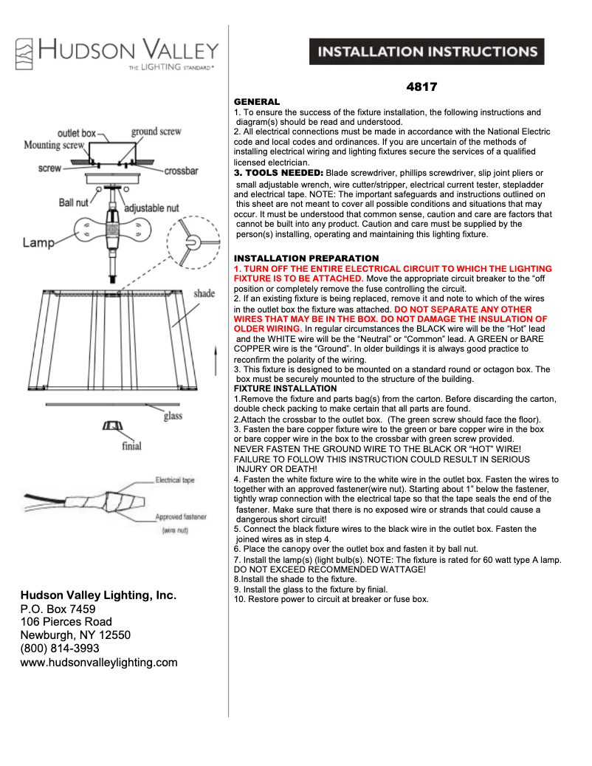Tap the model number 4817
pyautogui.click(x=422, y=86)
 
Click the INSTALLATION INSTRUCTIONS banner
pyautogui.click(x=427, y=52)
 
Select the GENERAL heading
pyautogui.click(x=256, y=101)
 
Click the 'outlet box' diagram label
pyautogui.click(x=77, y=133)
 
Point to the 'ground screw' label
pyautogui.click(x=156, y=131)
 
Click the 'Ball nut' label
pyautogui.click(x=75, y=202)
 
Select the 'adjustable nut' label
pyautogui.click(x=151, y=208)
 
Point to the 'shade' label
pyautogui.click(x=204, y=293)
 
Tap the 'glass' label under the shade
pyautogui.click(x=173, y=417)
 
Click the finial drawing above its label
pyautogui.click(x=111, y=428)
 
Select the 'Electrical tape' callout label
pyautogui.click(x=175, y=480)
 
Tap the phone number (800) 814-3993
pyautogui.click(x=59, y=649)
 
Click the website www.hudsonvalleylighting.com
pyautogui.click(x=99, y=663)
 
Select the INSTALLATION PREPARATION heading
pyautogui.click(x=306, y=259)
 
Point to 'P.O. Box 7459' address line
pyautogui.click(x=58, y=609)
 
